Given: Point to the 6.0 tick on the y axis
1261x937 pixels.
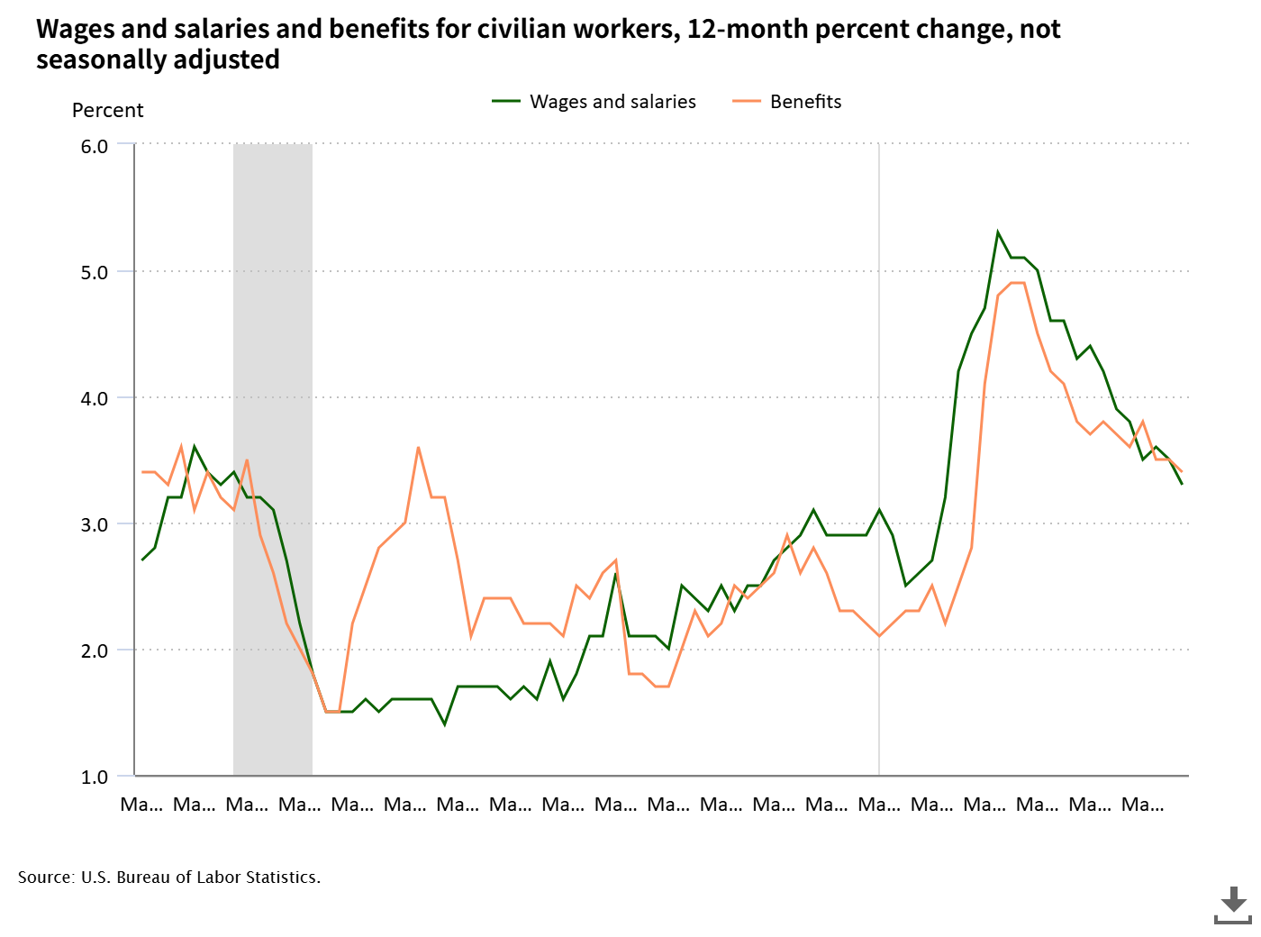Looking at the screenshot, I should click(x=94, y=146).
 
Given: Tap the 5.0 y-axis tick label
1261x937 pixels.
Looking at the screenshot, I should click(x=94, y=272).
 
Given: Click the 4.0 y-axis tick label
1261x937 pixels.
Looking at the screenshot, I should click(x=94, y=398).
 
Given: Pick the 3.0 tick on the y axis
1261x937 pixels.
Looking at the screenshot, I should click(x=94, y=524).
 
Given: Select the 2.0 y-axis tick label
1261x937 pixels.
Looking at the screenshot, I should click(x=94, y=650).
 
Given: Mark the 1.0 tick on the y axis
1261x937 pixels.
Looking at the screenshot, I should click(x=94, y=777).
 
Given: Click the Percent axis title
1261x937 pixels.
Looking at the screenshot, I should click(x=107, y=111).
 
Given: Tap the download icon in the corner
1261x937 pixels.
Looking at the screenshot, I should click(x=1232, y=905).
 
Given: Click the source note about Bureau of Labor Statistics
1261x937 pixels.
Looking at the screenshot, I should click(x=169, y=878).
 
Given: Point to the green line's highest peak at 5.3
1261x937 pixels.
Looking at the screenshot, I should click(x=998, y=232).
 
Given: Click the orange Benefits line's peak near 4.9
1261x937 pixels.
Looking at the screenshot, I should click(x=1018, y=283).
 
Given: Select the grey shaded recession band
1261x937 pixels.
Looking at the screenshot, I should click(x=273, y=459).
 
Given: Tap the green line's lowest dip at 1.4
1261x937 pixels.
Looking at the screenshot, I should click(x=444, y=723).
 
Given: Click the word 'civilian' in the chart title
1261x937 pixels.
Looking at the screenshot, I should click(x=512, y=30).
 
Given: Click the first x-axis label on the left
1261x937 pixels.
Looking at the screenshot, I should click(x=141, y=805).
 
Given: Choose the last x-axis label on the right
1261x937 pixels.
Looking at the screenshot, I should click(x=1142, y=805).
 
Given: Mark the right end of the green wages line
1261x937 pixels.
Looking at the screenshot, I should click(x=1181, y=484).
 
